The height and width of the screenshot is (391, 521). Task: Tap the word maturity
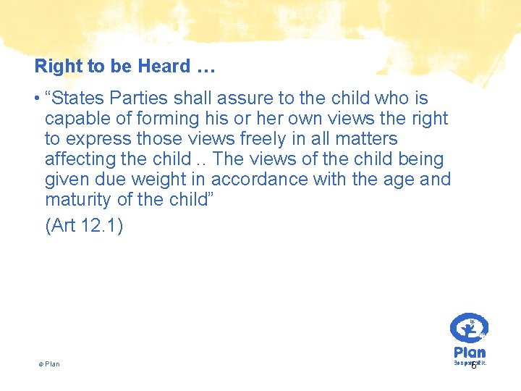click(79, 199)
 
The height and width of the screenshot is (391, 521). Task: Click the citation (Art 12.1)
click(84, 226)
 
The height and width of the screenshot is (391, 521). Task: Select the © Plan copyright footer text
click(49, 364)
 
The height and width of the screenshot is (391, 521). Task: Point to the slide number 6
click(473, 366)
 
